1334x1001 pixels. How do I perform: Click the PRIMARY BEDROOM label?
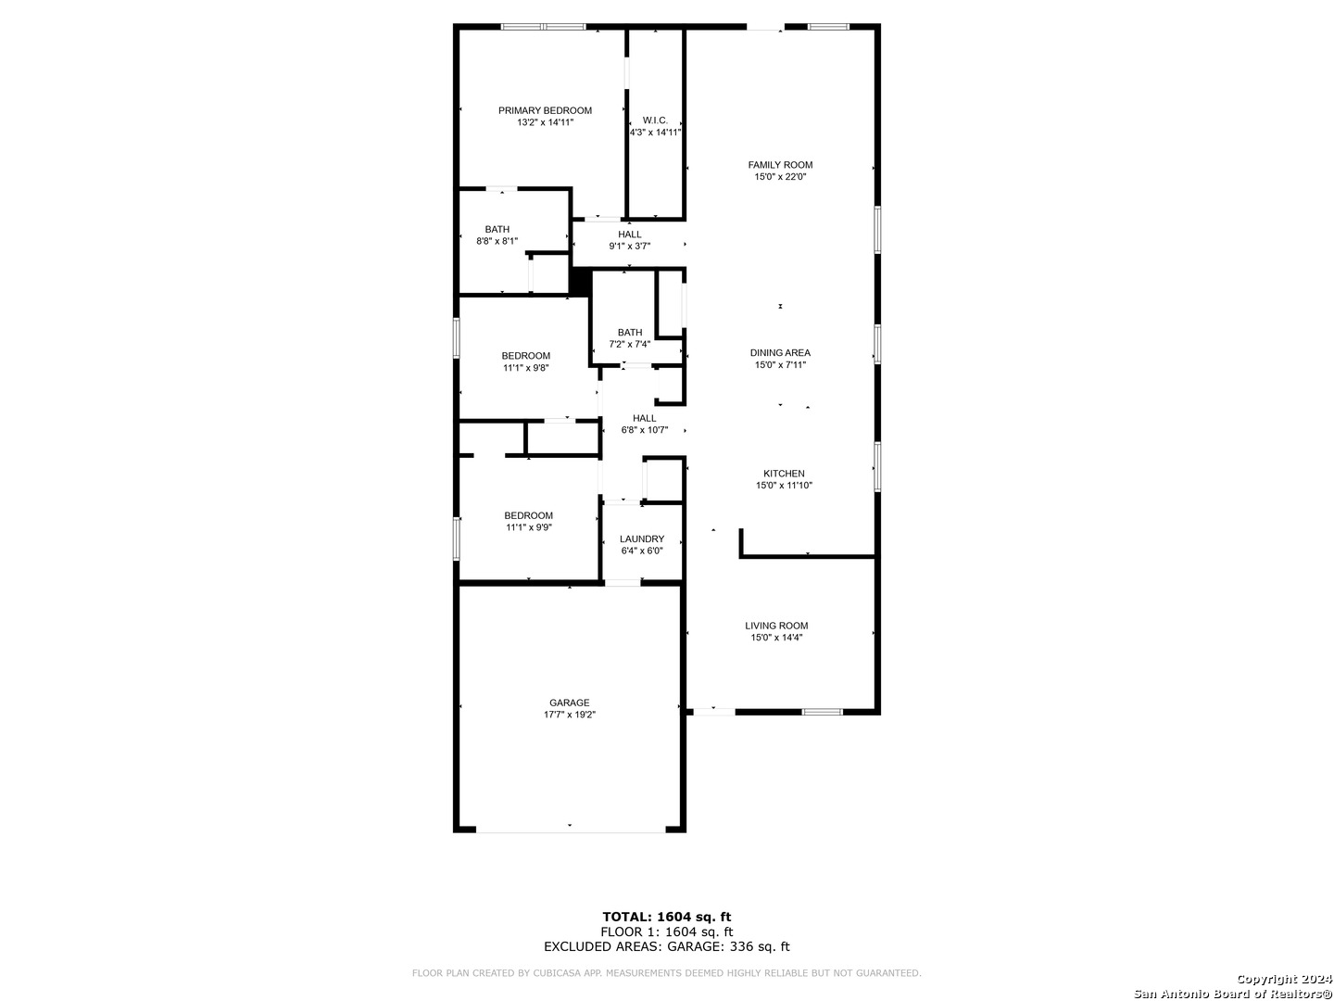545,110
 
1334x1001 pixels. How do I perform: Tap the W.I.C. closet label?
655,120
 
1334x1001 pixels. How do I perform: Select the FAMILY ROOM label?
780,165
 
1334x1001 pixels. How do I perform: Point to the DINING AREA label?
780,352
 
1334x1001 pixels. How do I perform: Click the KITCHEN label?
784,474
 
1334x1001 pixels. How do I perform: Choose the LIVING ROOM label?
776,626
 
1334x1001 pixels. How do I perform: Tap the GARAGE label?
569,703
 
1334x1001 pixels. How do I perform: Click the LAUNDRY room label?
641,539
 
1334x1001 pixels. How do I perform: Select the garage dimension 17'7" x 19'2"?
569,715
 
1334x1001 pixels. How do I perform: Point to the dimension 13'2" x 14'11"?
545,122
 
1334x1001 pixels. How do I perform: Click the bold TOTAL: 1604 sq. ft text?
666,917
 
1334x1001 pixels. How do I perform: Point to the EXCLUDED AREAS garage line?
666,945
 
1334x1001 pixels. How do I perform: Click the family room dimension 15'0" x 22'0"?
780,177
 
